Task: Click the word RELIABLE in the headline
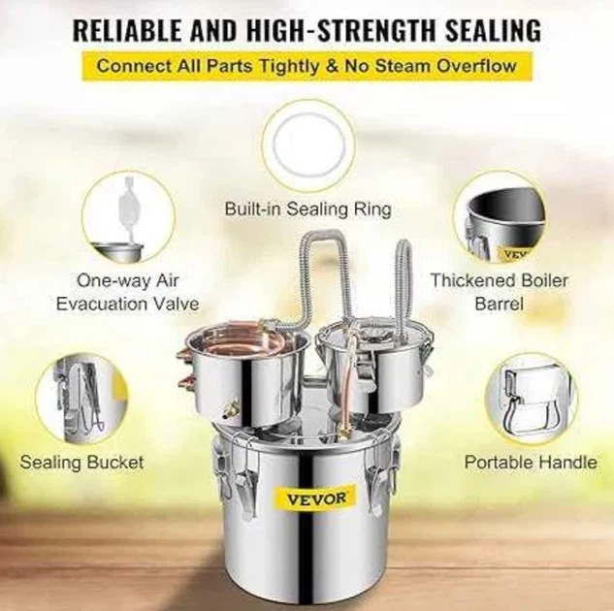tap(127, 30)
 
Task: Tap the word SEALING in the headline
tap(494, 30)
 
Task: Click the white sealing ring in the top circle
tap(309, 145)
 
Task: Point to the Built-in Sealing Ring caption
tap(308, 209)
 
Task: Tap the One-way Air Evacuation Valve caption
tap(127, 292)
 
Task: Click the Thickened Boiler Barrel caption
tap(500, 292)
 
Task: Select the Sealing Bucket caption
tap(81, 463)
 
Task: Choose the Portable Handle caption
tap(531, 463)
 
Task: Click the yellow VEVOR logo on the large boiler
tap(315, 498)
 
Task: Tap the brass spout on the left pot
tap(230, 410)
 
